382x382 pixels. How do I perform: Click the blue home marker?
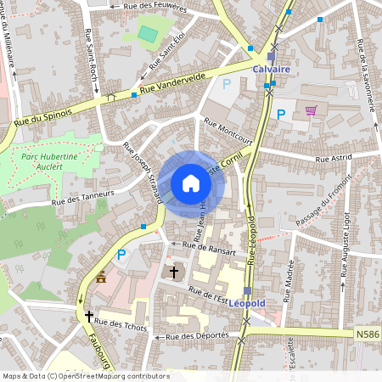pos(191,183)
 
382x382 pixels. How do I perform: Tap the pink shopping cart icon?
pos(312,110)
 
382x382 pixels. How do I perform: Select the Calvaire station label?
pos(271,70)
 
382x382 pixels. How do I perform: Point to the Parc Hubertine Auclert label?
pos(50,161)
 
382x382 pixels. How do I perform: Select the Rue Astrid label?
pos(334,158)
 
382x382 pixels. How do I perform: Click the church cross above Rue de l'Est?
pos(175,272)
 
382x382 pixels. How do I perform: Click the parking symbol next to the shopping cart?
pos(280,114)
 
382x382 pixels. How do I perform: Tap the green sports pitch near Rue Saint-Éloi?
pos(148,35)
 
